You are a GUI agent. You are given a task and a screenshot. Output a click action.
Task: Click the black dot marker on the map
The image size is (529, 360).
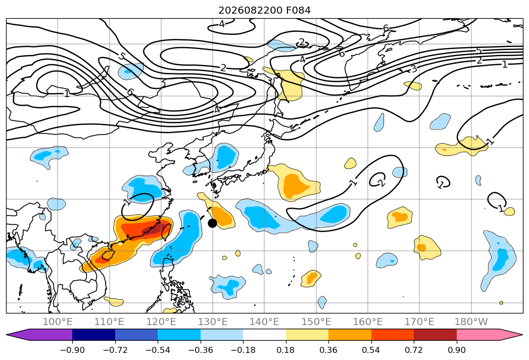click(212, 223)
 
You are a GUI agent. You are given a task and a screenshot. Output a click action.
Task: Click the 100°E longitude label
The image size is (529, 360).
click(58, 322)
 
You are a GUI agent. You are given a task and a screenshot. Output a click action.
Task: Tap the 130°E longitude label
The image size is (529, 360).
click(213, 322)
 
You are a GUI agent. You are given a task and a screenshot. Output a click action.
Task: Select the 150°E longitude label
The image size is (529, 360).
click(316, 322)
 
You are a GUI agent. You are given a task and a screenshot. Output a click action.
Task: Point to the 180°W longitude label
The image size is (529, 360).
click(471, 322)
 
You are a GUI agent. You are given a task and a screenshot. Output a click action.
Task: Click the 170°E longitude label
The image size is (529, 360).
click(419, 322)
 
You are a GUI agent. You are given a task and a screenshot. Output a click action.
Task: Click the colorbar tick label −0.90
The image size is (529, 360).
click(72, 350)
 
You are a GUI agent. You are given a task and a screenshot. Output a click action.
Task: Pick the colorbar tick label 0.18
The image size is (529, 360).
click(286, 350)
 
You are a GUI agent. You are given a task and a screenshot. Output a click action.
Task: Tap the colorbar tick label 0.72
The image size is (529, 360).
click(414, 350)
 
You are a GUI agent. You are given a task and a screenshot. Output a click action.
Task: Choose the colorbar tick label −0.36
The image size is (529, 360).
click(201, 350)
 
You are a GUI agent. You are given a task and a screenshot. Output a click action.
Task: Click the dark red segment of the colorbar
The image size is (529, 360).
click(435, 335)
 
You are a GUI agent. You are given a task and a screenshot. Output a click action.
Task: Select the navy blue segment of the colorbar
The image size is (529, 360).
click(94, 335)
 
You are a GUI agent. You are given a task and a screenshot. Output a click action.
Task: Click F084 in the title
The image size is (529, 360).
click(299, 11)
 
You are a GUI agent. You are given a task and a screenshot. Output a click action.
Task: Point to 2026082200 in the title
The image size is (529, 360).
click(250, 11)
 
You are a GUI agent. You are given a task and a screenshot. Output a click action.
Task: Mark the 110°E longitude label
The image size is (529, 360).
click(109, 322)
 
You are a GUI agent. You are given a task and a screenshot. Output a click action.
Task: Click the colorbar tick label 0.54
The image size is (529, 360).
click(371, 350)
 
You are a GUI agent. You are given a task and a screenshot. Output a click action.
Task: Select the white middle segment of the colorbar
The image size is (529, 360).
click(265, 335)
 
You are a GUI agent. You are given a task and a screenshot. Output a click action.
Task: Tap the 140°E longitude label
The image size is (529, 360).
click(264, 322)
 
